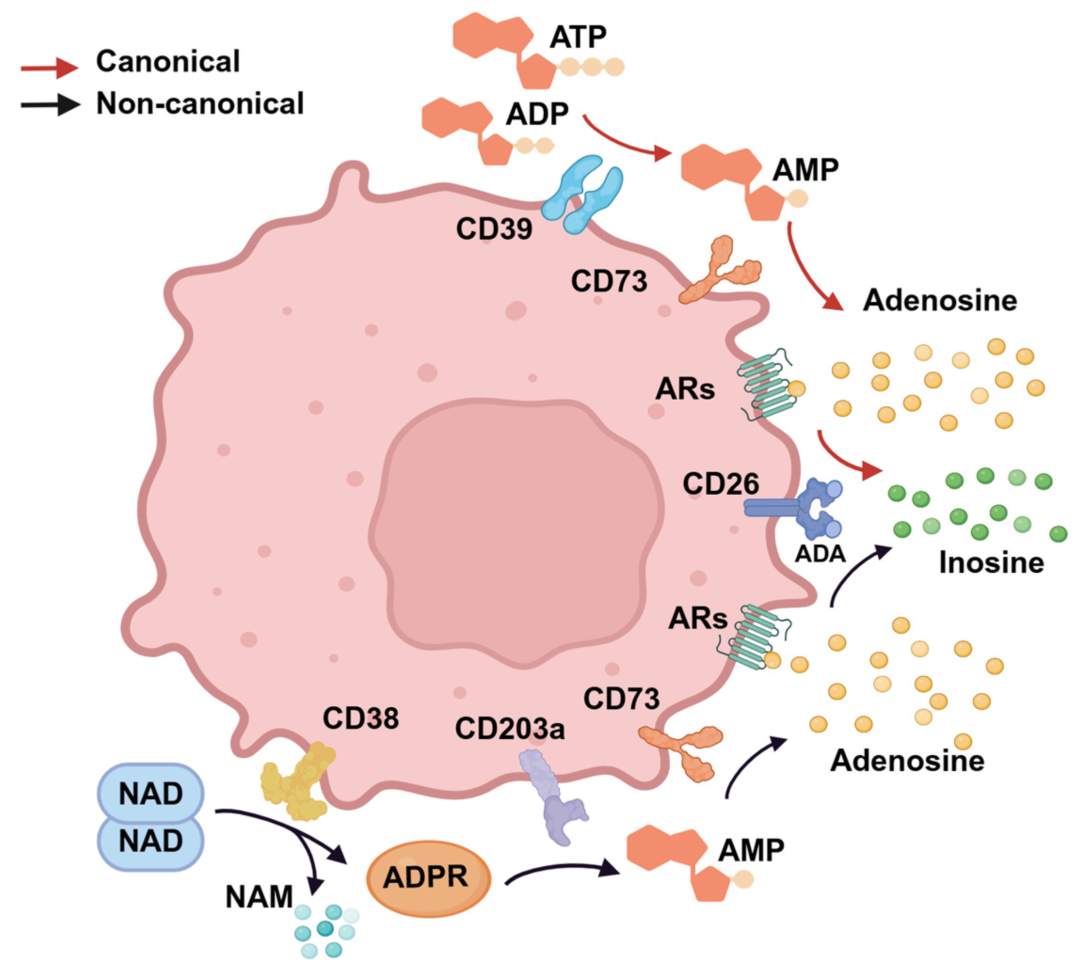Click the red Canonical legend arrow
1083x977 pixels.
click(x=50, y=67)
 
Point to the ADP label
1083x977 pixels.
click(x=537, y=114)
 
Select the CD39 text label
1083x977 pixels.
click(x=494, y=229)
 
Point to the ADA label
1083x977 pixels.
click(x=820, y=553)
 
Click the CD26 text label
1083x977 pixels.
click(x=720, y=484)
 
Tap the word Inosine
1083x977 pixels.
click(x=991, y=563)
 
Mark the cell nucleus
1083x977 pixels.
click(x=516, y=531)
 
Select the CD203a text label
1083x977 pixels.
click(x=509, y=729)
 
